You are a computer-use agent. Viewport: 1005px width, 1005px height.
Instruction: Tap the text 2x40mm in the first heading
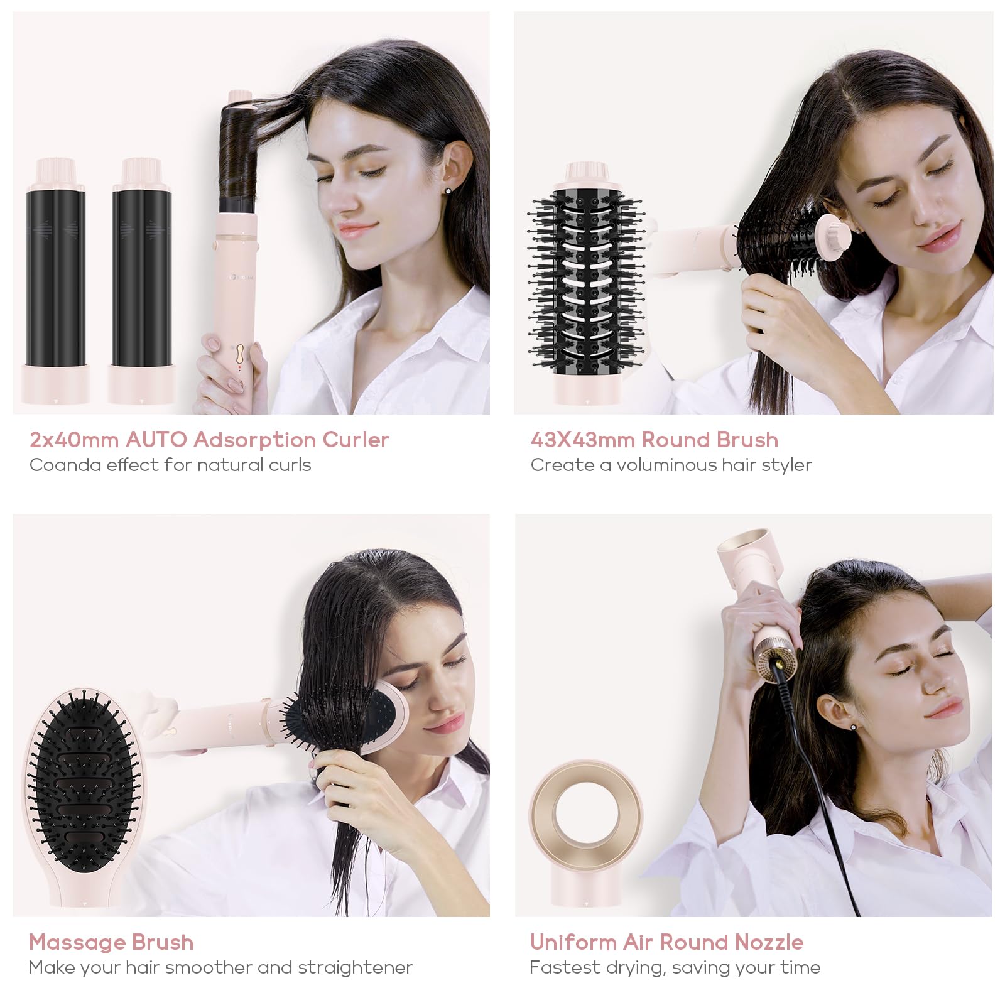[74, 440]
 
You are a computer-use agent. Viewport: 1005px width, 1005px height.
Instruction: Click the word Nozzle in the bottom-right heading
[769, 942]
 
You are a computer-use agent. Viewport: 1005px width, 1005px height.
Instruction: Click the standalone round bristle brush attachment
[585, 283]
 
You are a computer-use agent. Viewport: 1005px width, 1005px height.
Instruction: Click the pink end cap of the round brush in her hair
[834, 232]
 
